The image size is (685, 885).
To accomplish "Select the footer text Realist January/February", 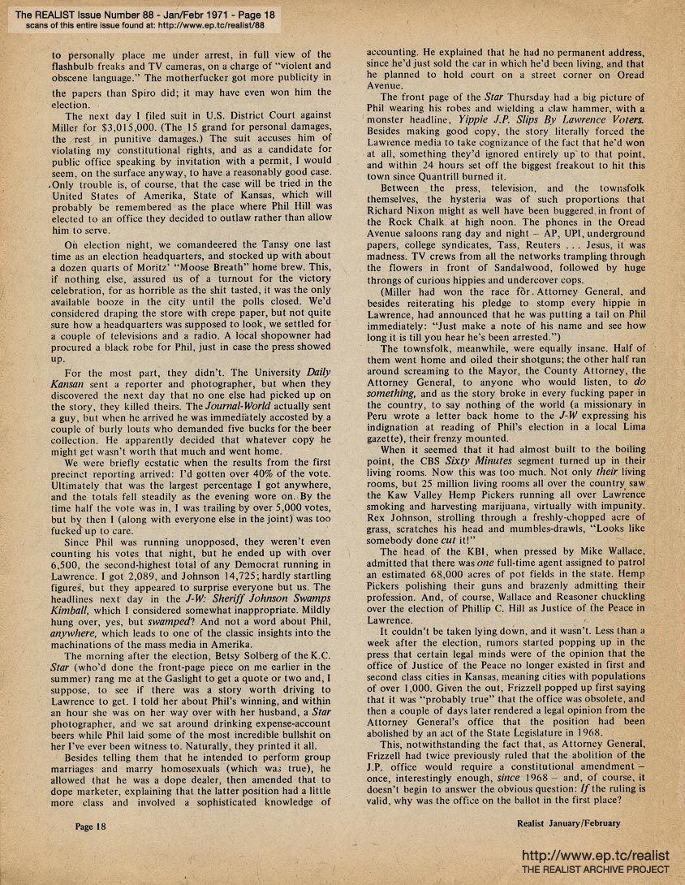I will click(x=568, y=822).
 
